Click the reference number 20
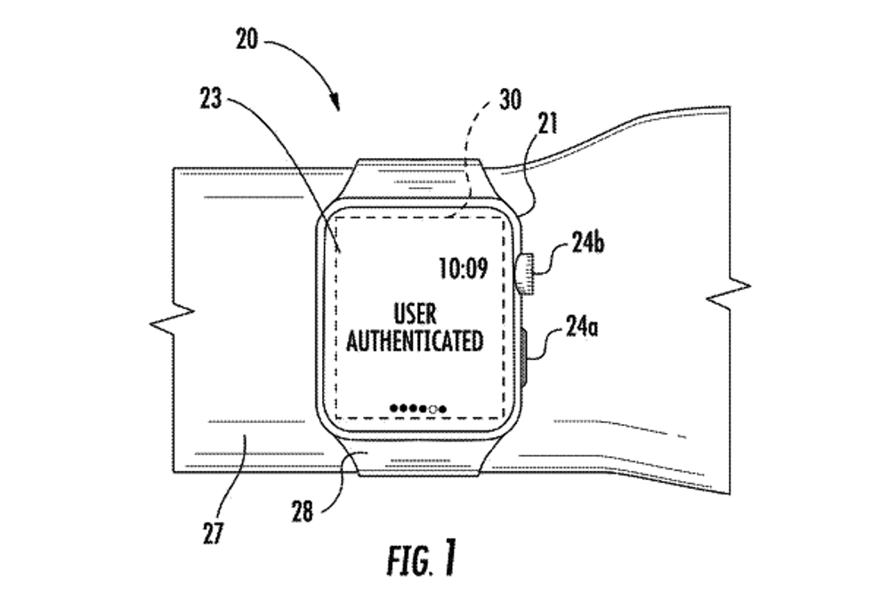(x=248, y=39)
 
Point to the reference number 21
(x=548, y=123)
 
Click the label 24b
(x=588, y=243)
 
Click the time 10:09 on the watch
(x=463, y=267)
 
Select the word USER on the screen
(x=415, y=313)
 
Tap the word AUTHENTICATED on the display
(x=415, y=340)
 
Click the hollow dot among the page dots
(x=433, y=409)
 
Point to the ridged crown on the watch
(x=524, y=274)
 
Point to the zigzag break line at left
(x=181, y=318)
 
